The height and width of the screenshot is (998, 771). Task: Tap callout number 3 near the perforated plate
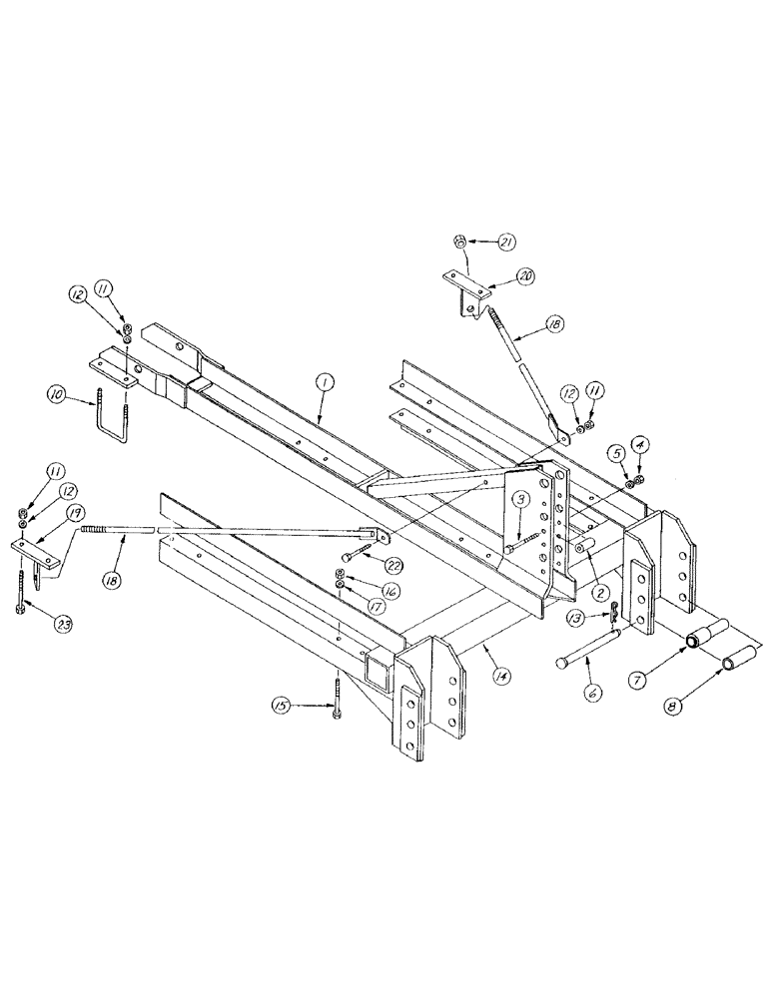click(520, 498)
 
